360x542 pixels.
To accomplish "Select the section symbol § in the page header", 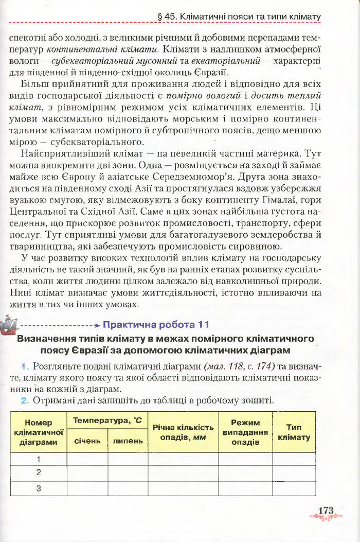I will (x=161, y=17).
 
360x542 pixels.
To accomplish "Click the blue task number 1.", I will (x=24, y=366).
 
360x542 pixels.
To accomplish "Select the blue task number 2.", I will (x=24, y=400).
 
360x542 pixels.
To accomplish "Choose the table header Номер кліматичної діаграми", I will (x=39, y=432).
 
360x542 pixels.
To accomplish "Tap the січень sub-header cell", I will (x=87, y=441).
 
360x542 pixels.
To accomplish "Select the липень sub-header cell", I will (x=128, y=441).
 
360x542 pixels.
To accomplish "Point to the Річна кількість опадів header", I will (x=183, y=432).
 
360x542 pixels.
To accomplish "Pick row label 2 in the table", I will (x=39, y=472).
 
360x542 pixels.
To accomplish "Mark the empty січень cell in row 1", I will (x=87, y=459).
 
